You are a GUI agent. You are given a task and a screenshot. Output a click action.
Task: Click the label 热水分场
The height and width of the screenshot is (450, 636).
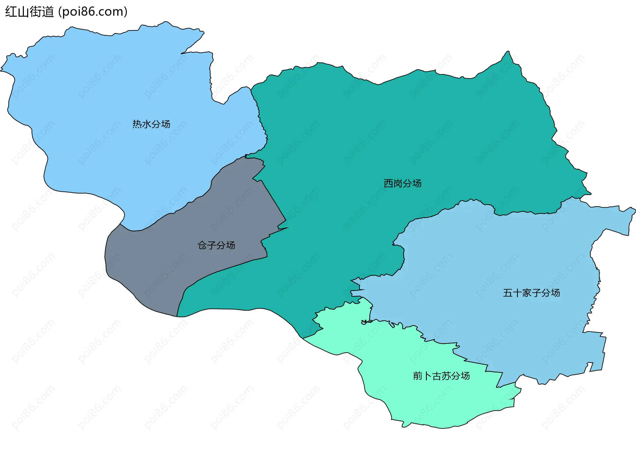point(151,124)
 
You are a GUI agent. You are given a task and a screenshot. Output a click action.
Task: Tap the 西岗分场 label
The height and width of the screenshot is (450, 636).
point(402,183)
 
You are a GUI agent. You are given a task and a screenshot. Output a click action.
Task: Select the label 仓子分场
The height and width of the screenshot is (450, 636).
point(216,245)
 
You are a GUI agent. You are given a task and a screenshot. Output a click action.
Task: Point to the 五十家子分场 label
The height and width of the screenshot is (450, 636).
point(531,293)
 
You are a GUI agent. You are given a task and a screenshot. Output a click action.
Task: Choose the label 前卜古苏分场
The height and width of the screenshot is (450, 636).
point(441,376)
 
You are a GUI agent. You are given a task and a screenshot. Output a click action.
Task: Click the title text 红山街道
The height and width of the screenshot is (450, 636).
point(29,12)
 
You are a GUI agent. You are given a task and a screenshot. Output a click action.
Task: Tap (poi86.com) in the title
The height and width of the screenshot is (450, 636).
point(93,12)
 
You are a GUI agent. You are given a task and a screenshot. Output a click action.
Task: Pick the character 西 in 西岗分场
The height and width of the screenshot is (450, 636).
point(388,183)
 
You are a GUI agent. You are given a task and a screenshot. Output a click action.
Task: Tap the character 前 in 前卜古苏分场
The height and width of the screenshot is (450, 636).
point(418,376)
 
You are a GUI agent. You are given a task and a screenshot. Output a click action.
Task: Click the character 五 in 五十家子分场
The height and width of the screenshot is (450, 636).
point(508,293)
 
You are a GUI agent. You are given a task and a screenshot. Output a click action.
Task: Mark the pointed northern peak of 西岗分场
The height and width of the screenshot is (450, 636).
point(508,52)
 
